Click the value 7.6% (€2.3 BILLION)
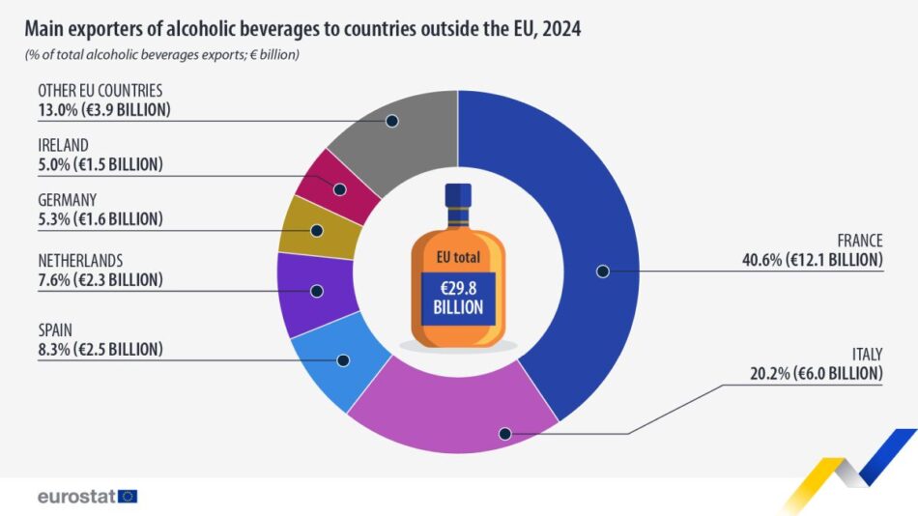tap(100, 280)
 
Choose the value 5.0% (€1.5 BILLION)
tap(100, 164)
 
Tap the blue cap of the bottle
tap(458, 194)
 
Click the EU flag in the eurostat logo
tap(128, 496)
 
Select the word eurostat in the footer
tap(75, 496)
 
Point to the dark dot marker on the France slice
tap(602, 272)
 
